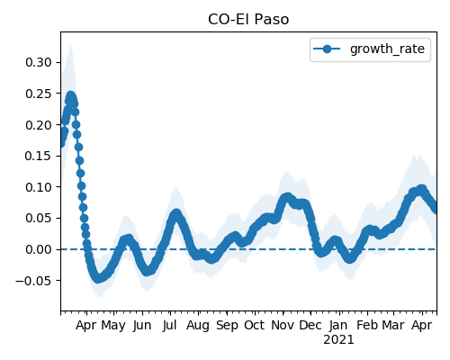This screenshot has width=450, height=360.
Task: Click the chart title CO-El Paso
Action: point(248,20)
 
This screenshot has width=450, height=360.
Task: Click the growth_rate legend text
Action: point(387,49)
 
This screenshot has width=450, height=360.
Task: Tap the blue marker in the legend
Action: point(327,49)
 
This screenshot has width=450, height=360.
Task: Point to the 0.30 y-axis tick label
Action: point(39,62)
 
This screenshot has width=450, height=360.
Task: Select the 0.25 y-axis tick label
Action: point(39,94)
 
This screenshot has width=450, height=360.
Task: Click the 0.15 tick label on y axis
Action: point(39,156)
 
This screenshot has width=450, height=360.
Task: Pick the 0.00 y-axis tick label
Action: point(39,249)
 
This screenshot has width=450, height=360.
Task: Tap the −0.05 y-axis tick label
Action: point(34,281)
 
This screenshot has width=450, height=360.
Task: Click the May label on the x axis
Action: point(113,326)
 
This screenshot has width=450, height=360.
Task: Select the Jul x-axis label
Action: point(169,326)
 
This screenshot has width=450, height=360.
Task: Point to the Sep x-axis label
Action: point(227,326)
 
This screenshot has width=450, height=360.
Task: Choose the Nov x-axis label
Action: point(283,325)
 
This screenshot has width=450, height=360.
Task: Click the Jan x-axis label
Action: point(338,326)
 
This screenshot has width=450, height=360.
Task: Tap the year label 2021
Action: point(338,340)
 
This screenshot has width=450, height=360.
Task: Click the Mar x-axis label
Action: point(393,325)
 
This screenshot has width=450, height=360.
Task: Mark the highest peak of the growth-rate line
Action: point(71,96)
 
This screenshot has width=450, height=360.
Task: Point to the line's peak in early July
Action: point(176,213)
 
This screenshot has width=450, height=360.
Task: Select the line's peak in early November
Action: point(287,197)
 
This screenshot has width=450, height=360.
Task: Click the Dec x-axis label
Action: point(310,325)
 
